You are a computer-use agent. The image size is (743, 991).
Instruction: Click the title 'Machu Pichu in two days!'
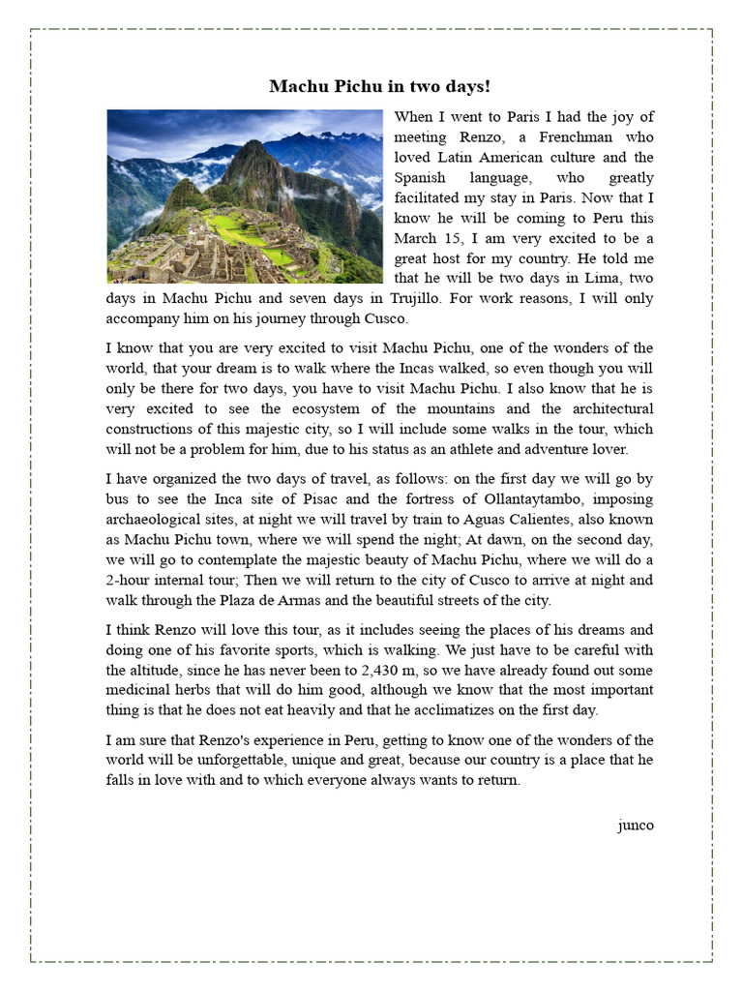click(x=379, y=86)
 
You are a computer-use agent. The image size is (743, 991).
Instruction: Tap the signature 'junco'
click(x=635, y=825)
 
